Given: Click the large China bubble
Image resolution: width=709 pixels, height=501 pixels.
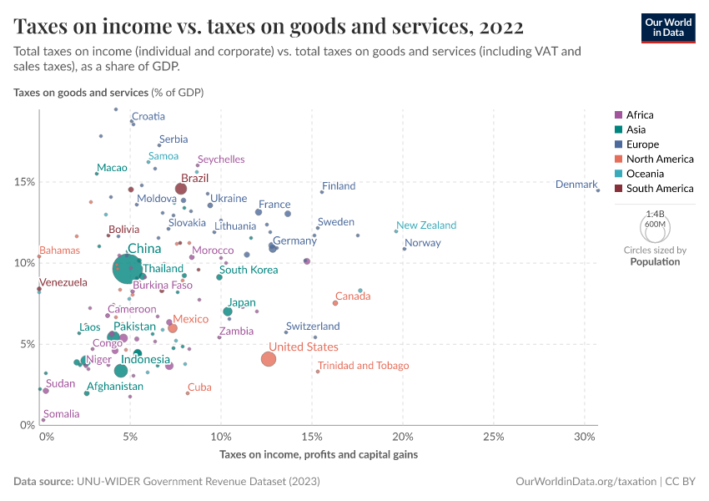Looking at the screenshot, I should tap(128, 270).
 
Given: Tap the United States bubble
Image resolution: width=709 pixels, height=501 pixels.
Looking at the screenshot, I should tap(268, 359).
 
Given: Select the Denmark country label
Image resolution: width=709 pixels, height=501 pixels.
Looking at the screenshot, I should tap(576, 185).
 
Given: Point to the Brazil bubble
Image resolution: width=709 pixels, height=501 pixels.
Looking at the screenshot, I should tap(181, 189).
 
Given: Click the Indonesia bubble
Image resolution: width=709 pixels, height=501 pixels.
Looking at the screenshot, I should tap(121, 371).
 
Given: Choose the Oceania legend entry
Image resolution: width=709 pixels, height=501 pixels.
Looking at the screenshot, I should tap(646, 174).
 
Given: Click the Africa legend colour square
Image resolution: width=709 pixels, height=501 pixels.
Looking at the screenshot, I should tap(618, 115).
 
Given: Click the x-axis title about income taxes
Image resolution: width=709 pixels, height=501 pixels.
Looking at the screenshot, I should tap(319, 455).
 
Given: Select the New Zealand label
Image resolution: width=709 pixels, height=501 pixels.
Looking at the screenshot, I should tap(426, 225).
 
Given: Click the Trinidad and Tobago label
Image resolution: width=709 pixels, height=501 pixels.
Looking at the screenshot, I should tap(363, 366).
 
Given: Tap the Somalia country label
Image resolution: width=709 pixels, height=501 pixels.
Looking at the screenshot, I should tap(62, 414).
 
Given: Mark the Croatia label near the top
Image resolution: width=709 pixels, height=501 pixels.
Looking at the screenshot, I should tap(148, 117).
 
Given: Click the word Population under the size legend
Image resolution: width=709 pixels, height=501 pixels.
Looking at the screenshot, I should tap(655, 262).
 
